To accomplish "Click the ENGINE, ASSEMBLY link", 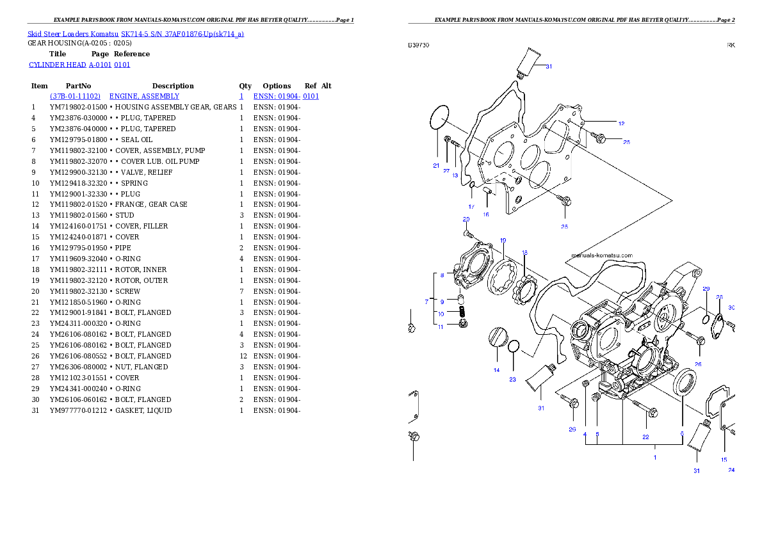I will [x=144, y=96].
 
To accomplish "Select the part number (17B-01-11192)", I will [x=75, y=96].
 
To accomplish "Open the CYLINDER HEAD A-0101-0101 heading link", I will [x=80, y=65].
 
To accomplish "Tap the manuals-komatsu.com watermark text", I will [x=602, y=255].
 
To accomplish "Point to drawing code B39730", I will [x=419, y=45].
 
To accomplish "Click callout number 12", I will [x=621, y=123].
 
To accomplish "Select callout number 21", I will [x=436, y=165].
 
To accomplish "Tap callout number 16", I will [x=486, y=214].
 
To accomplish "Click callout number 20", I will [x=466, y=220].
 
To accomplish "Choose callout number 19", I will [x=503, y=240].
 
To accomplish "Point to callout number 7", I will [x=427, y=301].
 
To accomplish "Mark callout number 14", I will [x=496, y=370].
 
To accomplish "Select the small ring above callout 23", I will [x=514, y=347].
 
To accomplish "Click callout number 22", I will [x=645, y=437].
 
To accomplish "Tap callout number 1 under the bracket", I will [x=655, y=458].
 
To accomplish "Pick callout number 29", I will [x=706, y=289].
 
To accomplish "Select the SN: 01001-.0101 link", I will [x=286, y=96].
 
